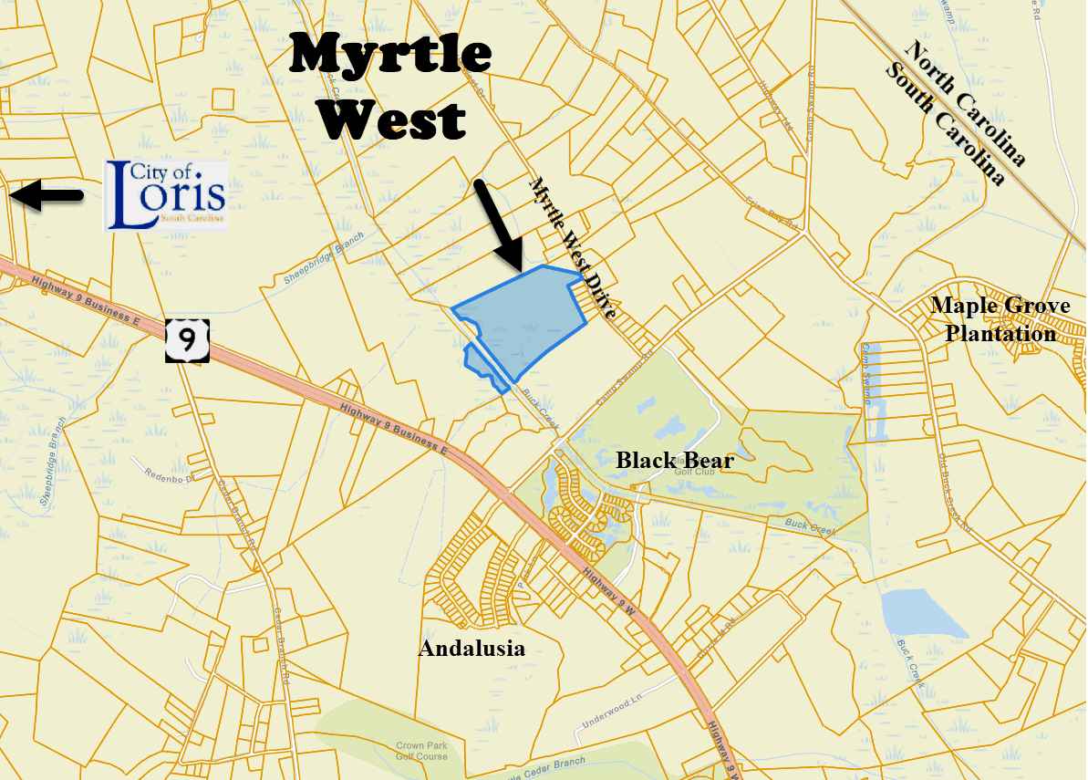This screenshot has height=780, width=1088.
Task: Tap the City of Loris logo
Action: (165, 194)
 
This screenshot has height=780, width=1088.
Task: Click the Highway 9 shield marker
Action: (188, 339)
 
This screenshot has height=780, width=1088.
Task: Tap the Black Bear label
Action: (674, 461)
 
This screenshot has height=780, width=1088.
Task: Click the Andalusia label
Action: (471, 649)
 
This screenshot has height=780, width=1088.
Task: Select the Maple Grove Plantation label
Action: (1000, 319)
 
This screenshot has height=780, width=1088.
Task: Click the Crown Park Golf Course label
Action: (421, 751)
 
